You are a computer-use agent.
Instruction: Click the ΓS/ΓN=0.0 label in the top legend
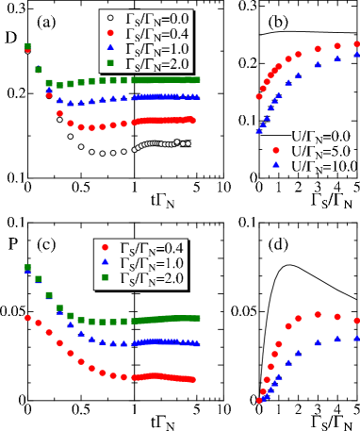(x=157, y=17)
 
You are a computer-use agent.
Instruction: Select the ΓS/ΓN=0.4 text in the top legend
(x=157, y=33)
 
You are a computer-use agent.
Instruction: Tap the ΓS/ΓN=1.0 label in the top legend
(x=157, y=48)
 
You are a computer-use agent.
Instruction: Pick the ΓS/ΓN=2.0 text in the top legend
(x=157, y=63)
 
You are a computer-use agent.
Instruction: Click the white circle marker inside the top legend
(x=110, y=18)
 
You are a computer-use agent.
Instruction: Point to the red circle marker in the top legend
(x=110, y=33)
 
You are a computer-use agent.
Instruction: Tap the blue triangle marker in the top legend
(x=110, y=48)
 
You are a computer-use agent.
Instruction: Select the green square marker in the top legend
(x=110, y=63)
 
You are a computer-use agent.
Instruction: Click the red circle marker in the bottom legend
(x=105, y=247)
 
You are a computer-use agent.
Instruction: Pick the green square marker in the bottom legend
(x=105, y=278)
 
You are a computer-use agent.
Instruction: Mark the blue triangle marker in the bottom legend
(x=105, y=262)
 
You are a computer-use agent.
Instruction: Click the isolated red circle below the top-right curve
(x=276, y=150)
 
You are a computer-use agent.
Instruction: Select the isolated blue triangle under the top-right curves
(x=276, y=164)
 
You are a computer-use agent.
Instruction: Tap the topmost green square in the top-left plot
(x=28, y=45)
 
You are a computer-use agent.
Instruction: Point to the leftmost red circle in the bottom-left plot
(x=27, y=318)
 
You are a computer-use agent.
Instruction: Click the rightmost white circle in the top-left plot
(x=188, y=143)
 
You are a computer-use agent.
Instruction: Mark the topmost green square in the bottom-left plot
(x=28, y=268)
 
